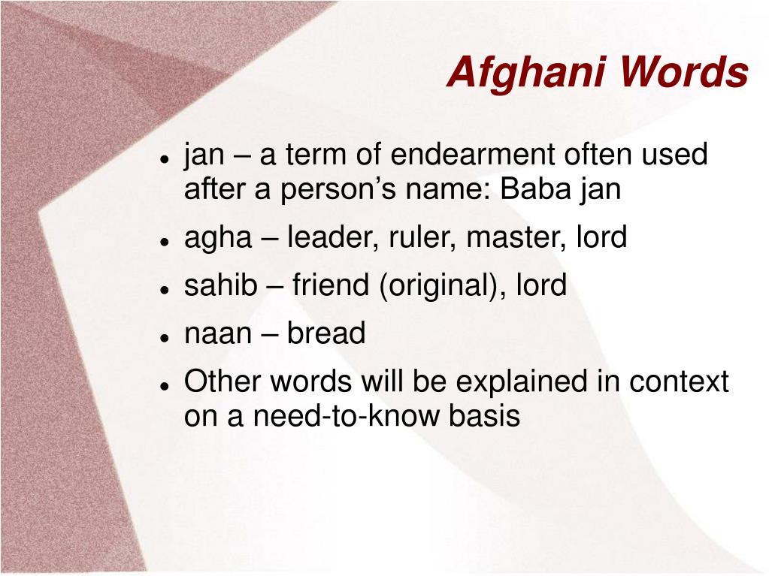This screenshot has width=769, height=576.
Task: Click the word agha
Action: (x=217, y=238)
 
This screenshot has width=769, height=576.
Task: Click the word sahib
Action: (x=220, y=285)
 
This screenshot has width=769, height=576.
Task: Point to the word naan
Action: (x=218, y=333)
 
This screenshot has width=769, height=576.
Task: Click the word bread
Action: (x=326, y=333)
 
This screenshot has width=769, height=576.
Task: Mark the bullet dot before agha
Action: (x=163, y=241)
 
